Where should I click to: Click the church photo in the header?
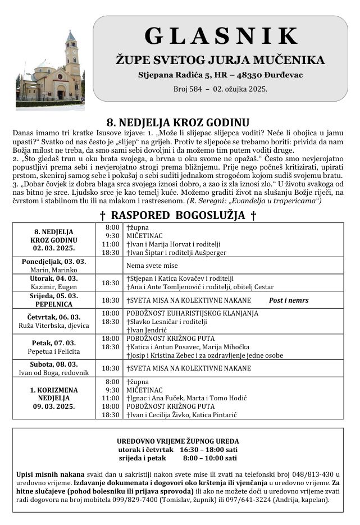(49, 69)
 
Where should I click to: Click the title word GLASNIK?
(221, 36)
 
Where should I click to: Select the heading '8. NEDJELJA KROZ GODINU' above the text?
(178, 122)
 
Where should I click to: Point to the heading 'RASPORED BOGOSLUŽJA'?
(178, 216)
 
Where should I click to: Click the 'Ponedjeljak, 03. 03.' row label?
(54, 262)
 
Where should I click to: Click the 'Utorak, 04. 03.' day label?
(54, 279)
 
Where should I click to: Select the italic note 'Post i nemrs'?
(289, 300)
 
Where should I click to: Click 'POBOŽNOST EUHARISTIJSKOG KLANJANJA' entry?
(192, 313)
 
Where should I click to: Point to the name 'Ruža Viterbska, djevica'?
(54, 326)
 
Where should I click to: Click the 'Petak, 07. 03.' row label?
(54, 343)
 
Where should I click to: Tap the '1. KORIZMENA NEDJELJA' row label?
(54, 394)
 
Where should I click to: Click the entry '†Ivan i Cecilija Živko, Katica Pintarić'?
(190, 415)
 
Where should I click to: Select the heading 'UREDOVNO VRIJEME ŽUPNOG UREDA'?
(177, 441)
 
